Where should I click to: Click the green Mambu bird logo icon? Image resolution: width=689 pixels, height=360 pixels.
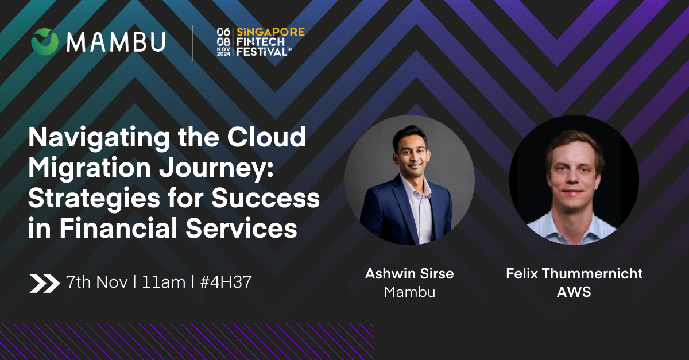[45, 41]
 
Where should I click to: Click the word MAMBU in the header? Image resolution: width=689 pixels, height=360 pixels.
[116, 41]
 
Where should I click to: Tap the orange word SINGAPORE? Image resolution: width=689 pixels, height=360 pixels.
[270, 32]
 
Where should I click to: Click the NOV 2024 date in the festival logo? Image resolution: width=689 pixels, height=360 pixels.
[223, 51]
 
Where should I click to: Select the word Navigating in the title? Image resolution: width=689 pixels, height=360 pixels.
[99, 137]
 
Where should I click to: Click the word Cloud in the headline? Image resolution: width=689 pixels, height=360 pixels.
[266, 136]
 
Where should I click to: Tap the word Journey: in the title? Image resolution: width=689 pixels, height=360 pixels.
[216, 169]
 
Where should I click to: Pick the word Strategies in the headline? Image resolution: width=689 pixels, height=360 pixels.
[94, 199]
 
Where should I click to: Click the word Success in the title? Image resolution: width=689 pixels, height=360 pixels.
[265, 198]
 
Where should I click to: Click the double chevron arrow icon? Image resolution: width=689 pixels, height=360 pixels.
[45, 283]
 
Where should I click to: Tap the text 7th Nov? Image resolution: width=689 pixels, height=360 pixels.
[97, 281]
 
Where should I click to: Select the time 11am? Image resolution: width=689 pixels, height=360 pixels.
[164, 282]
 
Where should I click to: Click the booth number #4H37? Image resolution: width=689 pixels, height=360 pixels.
[226, 282]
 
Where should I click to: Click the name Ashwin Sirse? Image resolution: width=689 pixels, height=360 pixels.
[409, 273]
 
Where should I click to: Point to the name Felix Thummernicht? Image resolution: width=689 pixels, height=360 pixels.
[574, 273]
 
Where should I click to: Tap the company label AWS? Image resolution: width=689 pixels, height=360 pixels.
[574, 292]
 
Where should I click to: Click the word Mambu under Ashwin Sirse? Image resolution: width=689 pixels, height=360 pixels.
[409, 292]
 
